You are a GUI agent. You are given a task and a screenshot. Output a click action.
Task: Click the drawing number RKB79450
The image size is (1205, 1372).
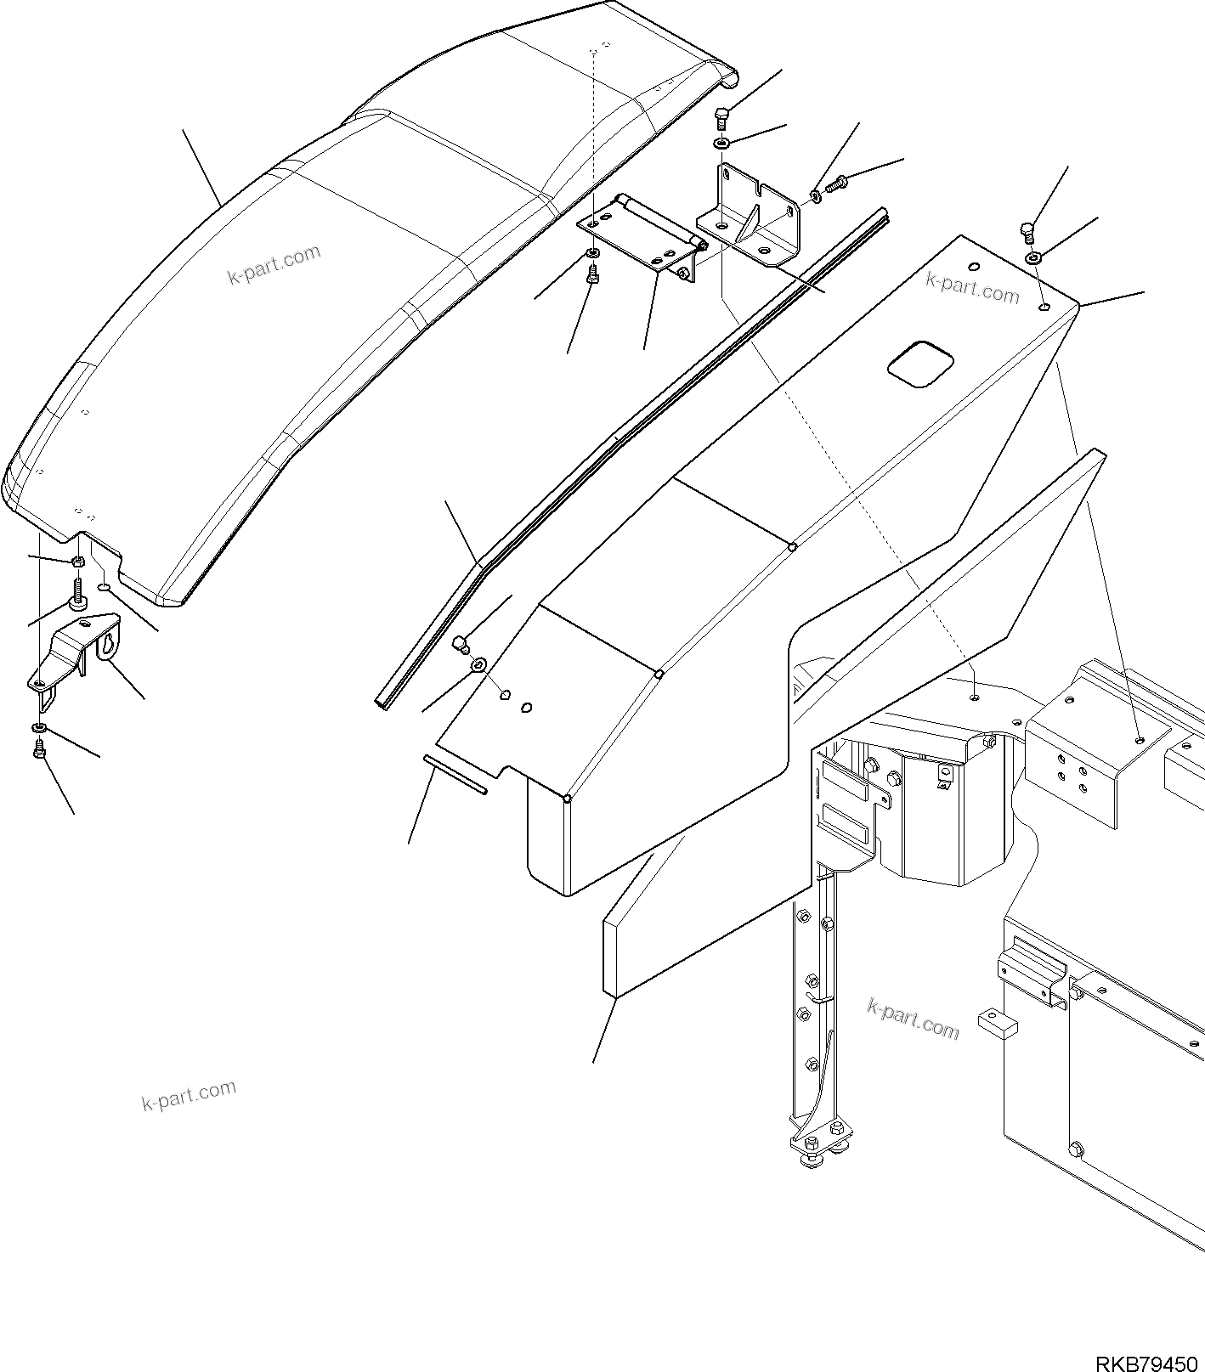click(x=1148, y=1358)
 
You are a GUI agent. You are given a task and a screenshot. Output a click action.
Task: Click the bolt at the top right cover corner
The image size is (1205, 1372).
click(x=1027, y=229)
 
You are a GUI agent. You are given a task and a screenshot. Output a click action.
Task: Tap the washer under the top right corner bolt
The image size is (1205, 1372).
click(x=1032, y=257)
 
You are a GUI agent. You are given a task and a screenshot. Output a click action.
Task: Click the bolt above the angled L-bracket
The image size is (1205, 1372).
click(x=721, y=115)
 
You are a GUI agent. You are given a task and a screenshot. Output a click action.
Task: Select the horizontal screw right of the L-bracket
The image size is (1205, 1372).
click(x=837, y=182)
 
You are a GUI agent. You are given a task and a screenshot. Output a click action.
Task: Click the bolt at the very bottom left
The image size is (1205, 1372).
click(x=38, y=749)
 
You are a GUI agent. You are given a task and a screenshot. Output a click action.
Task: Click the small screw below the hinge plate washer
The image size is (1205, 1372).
click(x=593, y=274)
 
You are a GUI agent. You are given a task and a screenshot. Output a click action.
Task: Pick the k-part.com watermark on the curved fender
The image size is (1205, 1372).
click(x=274, y=264)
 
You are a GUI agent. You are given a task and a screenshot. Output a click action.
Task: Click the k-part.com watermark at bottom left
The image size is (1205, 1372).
click(x=188, y=1095)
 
